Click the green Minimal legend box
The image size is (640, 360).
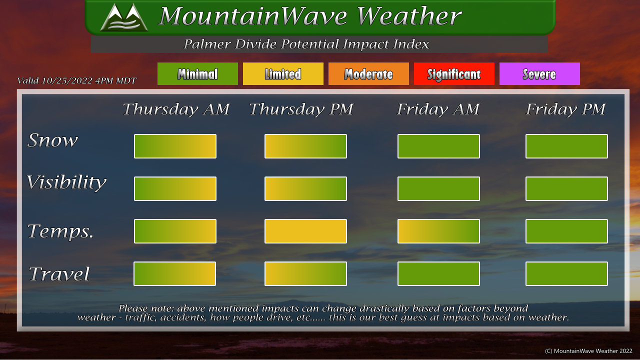(x=197, y=73)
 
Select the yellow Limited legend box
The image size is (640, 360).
(x=283, y=73)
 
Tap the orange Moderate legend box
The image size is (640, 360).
(x=368, y=73)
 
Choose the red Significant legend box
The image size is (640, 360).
(x=454, y=73)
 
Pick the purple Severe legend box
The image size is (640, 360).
(x=539, y=73)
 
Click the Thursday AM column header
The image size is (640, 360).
(x=176, y=109)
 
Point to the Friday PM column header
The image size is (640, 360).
(x=565, y=109)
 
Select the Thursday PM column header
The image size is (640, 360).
(x=301, y=109)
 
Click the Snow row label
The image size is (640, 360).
(x=52, y=140)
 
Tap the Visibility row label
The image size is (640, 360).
(x=66, y=182)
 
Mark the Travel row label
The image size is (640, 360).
(x=59, y=274)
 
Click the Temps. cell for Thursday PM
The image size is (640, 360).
(x=305, y=231)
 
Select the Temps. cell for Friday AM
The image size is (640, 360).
(x=438, y=231)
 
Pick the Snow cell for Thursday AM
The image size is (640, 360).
(x=175, y=146)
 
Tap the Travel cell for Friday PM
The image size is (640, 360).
(x=566, y=273)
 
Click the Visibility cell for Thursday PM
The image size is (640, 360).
(x=305, y=188)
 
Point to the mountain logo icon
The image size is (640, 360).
(x=124, y=17)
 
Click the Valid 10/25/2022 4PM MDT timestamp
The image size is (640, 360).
(x=77, y=80)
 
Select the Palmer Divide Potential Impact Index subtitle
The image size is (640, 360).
(x=306, y=44)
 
